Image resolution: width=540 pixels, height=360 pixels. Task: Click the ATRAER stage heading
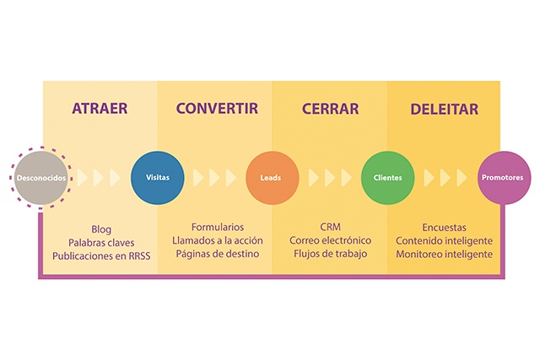(100, 109)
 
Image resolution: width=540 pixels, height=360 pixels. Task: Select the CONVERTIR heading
(217, 109)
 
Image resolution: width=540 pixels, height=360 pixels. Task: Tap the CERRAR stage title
(330, 109)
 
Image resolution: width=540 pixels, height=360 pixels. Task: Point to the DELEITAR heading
(445, 109)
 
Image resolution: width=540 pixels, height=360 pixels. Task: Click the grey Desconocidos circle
(41, 178)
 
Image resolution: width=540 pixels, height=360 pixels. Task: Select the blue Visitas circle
(158, 178)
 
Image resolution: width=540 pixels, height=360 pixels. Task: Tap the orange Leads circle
(272, 178)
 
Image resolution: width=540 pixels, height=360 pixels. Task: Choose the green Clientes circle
(387, 178)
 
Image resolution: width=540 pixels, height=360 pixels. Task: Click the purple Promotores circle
(504, 178)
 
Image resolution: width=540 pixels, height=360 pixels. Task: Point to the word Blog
(101, 229)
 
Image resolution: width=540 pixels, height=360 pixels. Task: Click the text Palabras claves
(101, 243)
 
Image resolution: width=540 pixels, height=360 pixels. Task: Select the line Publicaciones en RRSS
(101, 256)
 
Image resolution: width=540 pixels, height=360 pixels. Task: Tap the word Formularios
(218, 227)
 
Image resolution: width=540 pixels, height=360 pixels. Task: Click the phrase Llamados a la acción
(218, 240)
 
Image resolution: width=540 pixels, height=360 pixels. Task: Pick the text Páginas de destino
(218, 254)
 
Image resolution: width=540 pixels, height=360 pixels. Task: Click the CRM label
(330, 227)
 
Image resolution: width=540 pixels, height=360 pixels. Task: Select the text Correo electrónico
(330, 240)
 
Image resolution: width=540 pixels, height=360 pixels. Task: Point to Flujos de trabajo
(330, 254)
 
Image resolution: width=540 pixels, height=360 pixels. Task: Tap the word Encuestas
(445, 228)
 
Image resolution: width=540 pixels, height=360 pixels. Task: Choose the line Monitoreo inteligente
(445, 255)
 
